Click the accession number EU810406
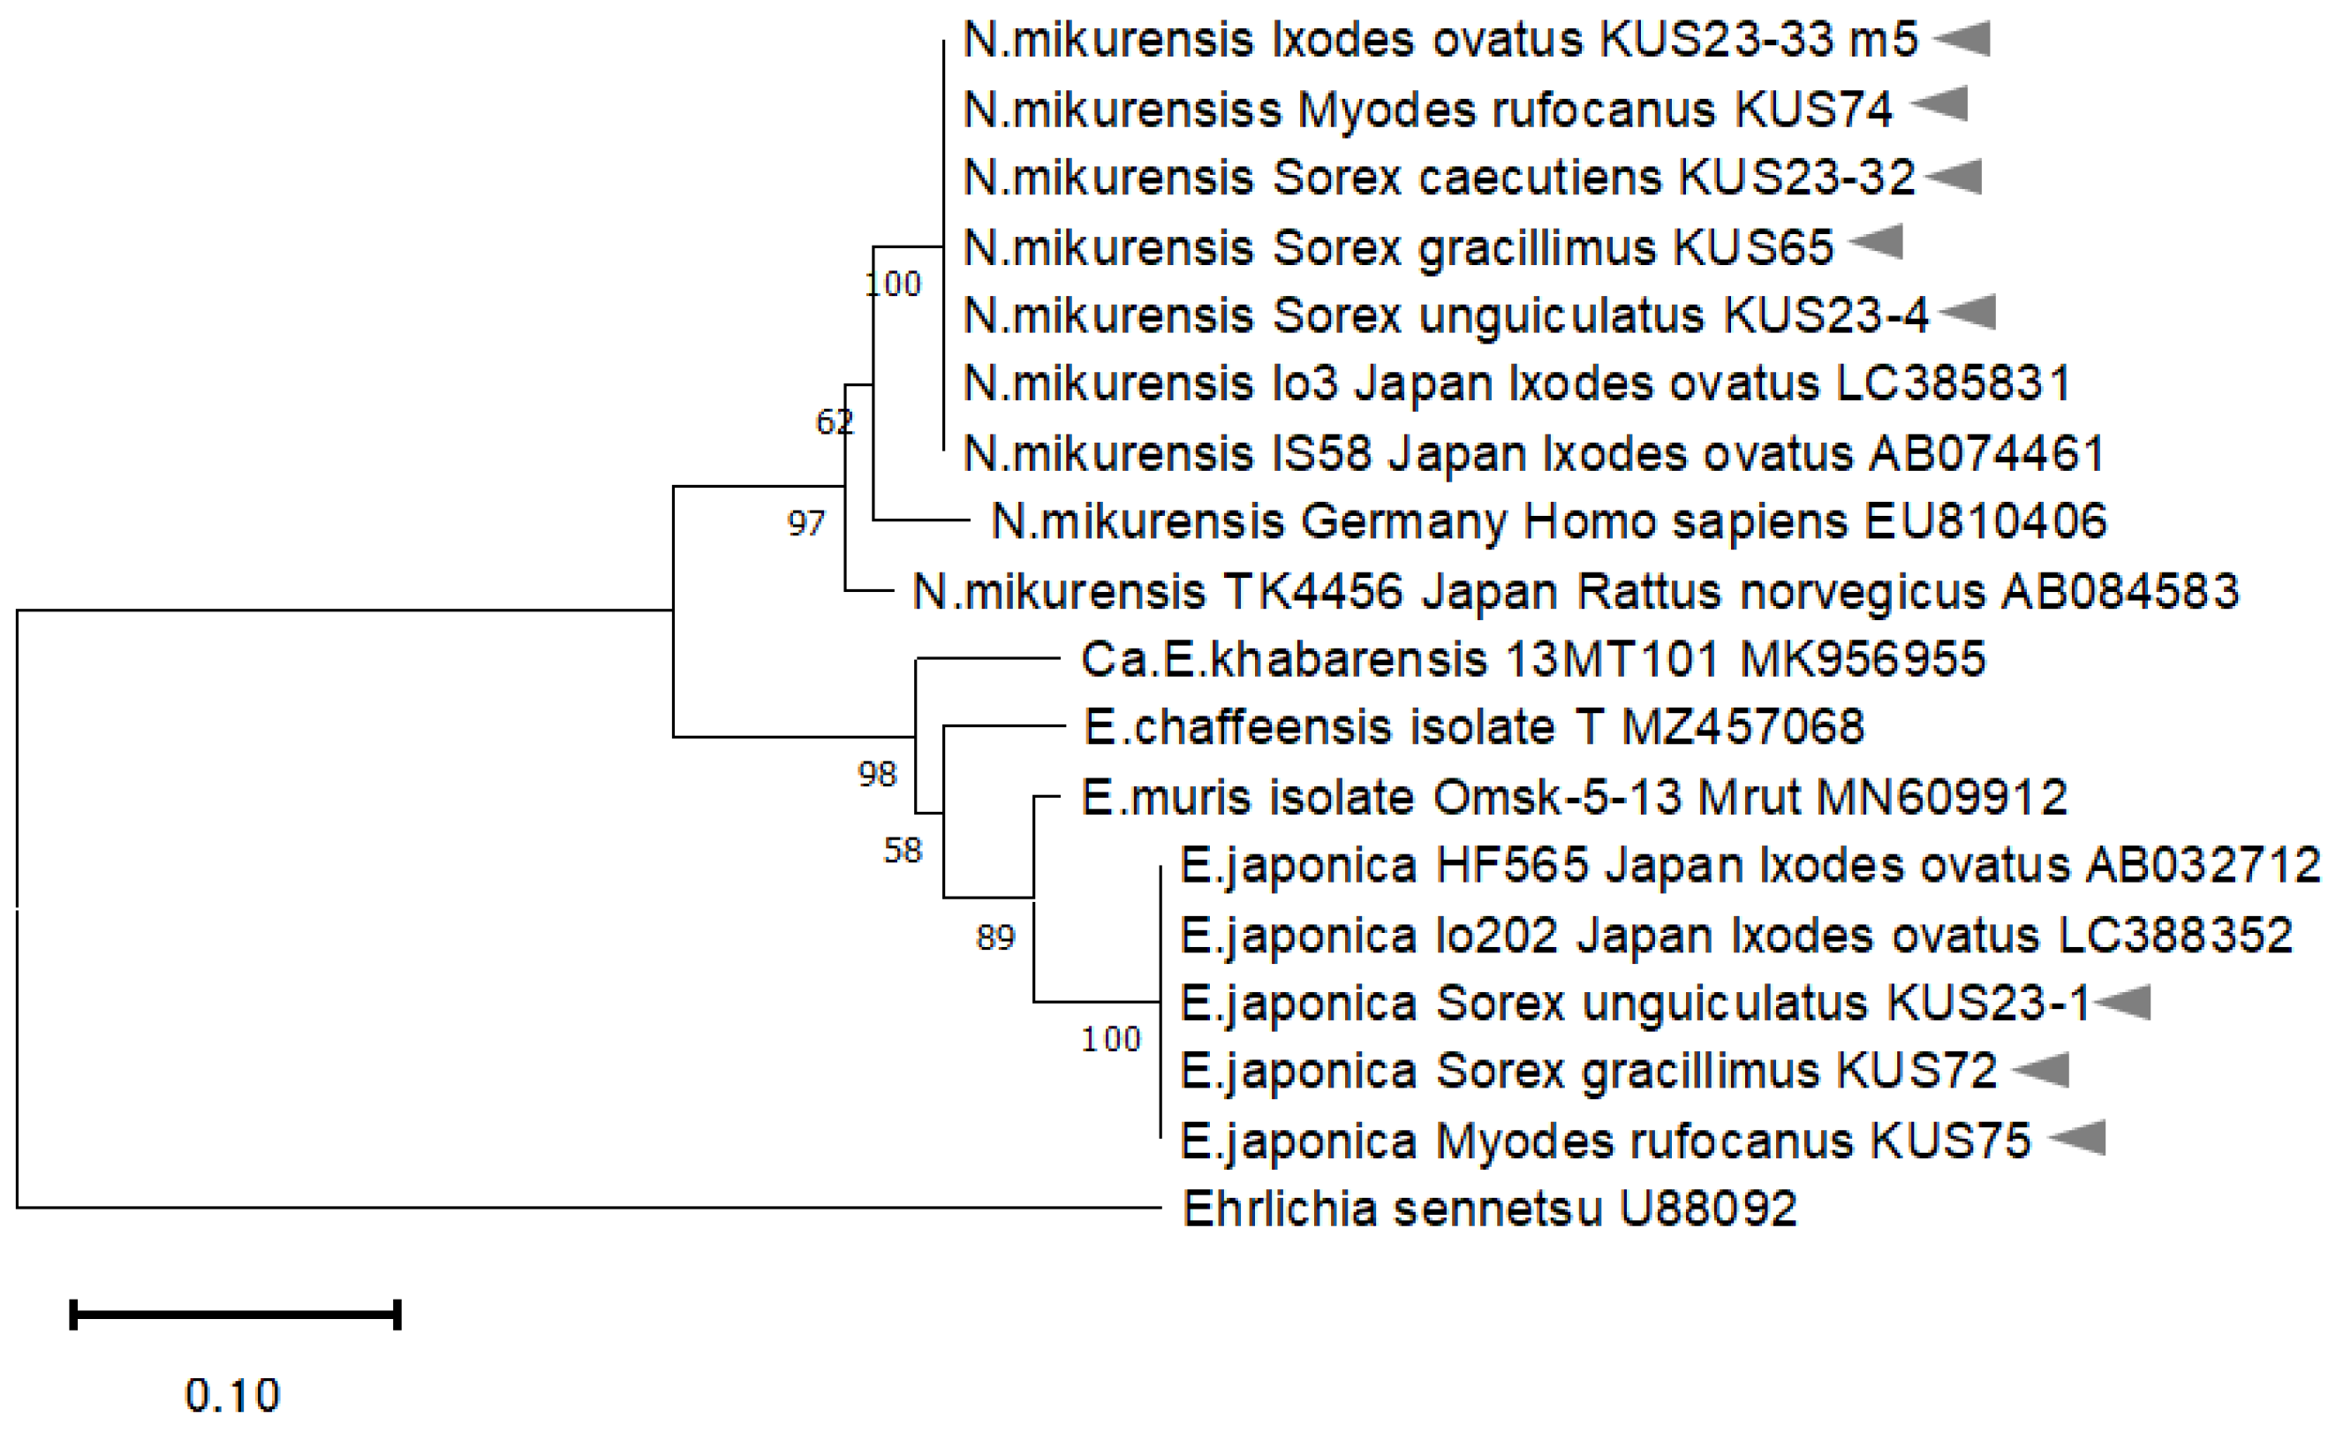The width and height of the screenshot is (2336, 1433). tap(1985, 521)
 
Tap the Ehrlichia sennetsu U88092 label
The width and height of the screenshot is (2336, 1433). tap(1489, 1209)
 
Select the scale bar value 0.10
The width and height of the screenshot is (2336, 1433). tap(233, 1395)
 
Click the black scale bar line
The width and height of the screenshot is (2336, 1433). tap(235, 1315)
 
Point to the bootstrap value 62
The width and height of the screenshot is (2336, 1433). tap(835, 421)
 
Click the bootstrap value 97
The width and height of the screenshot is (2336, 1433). tap(805, 524)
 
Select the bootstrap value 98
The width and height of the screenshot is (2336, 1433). tap(877, 775)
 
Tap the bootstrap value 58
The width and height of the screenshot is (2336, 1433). tap(903, 851)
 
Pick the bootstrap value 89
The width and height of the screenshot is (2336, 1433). tap(995, 938)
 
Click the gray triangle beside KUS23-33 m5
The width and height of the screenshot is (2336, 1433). tap(1963, 39)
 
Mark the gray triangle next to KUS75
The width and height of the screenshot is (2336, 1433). tap(2079, 1137)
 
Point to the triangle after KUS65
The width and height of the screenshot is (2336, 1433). tap(1877, 242)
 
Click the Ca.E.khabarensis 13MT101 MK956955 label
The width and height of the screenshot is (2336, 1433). tap(1533, 659)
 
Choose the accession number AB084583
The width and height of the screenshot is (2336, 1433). tap(2120, 592)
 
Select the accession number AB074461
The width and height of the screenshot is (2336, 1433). tap(1986, 453)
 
